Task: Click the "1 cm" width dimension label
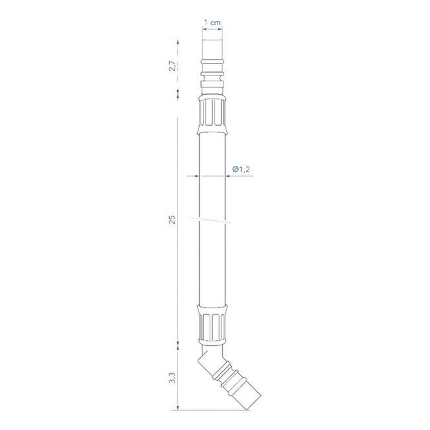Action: [212, 22]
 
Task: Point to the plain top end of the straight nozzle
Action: [212, 50]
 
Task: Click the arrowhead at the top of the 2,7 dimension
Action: [177, 42]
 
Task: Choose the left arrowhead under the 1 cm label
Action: [202, 29]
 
